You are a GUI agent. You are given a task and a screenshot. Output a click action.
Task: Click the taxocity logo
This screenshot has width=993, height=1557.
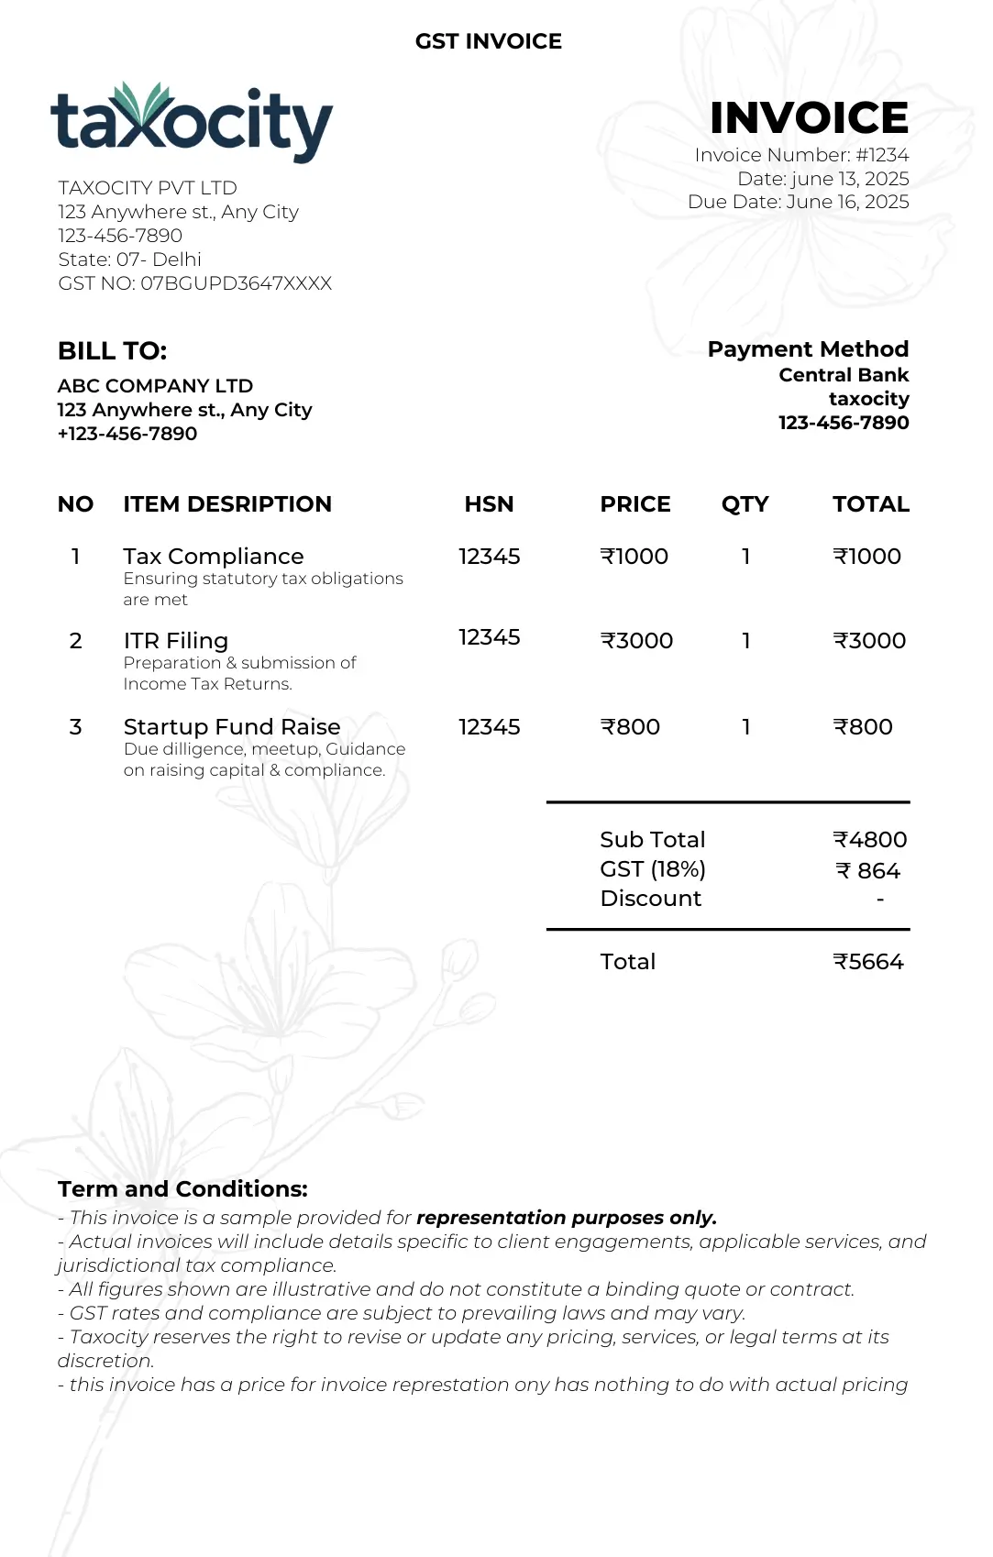tap(191, 123)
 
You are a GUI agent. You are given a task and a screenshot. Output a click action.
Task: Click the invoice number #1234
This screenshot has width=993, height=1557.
tap(882, 155)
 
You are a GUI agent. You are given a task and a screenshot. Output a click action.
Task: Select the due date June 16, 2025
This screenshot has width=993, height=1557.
tap(847, 202)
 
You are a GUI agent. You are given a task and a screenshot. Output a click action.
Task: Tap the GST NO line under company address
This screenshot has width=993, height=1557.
tap(194, 283)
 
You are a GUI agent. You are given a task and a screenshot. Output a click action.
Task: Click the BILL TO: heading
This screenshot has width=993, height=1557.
tap(112, 351)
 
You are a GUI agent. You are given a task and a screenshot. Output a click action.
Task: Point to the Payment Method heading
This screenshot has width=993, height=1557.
tap(808, 349)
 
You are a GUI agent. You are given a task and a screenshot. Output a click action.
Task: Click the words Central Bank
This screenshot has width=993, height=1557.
tap(844, 375)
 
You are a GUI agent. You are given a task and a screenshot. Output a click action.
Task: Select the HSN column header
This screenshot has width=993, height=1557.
tap(489, 504)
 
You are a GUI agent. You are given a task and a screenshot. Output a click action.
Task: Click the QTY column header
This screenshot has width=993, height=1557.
tap(745, 504)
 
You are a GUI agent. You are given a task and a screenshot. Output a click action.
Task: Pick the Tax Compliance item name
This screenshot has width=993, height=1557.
tap(214, 557)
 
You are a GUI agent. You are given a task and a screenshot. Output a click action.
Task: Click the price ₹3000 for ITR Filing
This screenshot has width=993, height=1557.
tap(636, 641)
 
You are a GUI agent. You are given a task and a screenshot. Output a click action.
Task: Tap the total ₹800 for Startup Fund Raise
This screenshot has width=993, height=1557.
tap(862, 727)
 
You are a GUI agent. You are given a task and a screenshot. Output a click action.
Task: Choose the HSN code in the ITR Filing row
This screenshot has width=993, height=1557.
tap(489, 637)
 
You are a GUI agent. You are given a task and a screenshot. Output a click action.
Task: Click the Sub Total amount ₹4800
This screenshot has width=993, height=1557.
tap(869, 840)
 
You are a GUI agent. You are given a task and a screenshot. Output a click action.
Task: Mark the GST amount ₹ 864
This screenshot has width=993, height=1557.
tap(867, 871)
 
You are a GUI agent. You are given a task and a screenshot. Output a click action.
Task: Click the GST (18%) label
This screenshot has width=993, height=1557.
tap(653, 869)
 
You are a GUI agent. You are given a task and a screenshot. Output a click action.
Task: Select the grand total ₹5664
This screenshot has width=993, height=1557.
tap(867, 962)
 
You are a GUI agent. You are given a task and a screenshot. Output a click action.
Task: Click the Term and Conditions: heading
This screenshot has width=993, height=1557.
tap(182, 1189)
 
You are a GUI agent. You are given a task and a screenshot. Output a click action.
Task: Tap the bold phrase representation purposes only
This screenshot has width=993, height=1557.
tap(566, 1218)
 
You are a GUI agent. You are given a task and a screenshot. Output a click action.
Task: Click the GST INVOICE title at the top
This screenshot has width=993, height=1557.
tap(489, 41)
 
